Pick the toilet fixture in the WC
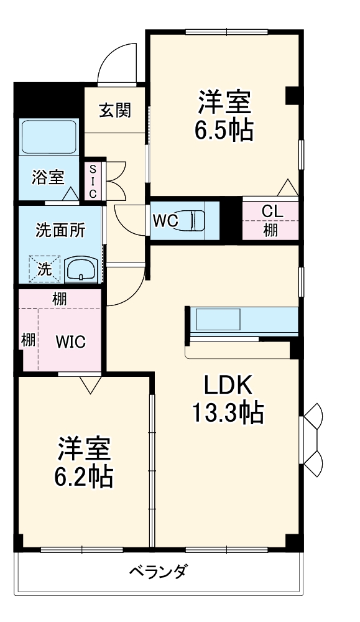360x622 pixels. [197, 220]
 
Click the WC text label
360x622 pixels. [165, 220]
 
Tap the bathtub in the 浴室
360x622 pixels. [49, 137]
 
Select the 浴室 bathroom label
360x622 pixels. [48, 177]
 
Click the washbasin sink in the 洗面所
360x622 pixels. [81, 270]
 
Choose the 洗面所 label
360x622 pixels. [60, 230]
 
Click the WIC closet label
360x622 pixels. [70, 341]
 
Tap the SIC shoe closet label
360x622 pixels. [93, 181]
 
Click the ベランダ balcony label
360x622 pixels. [159, 571]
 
